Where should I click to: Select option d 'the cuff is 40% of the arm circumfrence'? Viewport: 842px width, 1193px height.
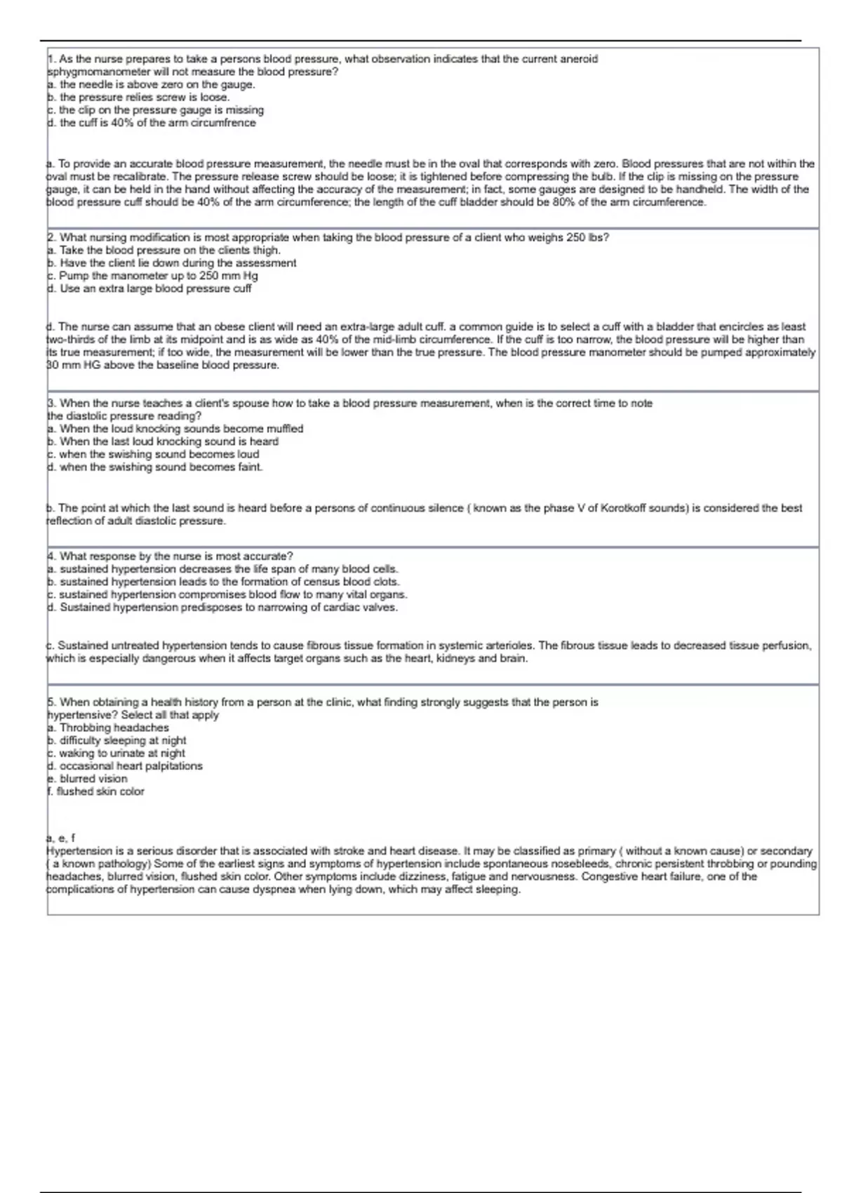(x=151, y=123)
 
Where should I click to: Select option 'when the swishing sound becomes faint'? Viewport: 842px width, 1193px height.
(x=154, y=467)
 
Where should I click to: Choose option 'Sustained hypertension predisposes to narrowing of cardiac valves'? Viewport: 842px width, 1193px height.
(x=222, y=608)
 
